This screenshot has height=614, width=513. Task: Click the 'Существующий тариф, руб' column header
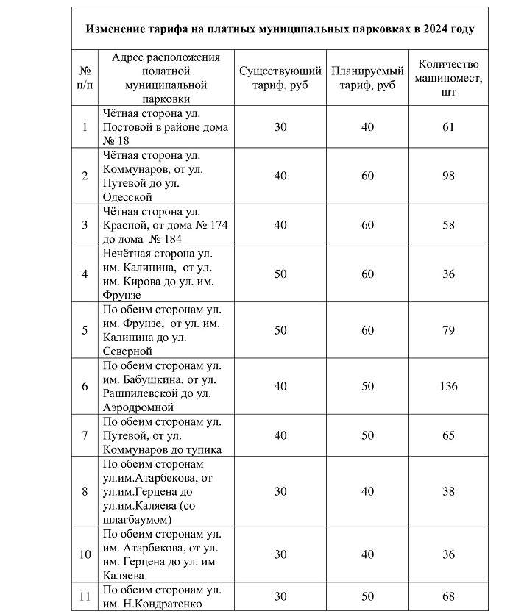[280, 78]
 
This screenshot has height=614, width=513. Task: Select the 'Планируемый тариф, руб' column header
[367, 78]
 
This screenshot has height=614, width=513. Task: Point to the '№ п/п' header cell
[85, 78]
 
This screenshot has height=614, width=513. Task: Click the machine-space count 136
[448, 386]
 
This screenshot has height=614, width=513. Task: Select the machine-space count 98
[448, 176]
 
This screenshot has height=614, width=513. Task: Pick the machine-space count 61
[448, 126]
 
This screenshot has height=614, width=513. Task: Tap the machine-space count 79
[448, 330]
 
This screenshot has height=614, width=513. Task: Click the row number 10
[85, 554]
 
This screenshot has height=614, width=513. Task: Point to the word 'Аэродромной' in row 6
[138, 407]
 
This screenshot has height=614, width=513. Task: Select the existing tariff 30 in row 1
[280, 126]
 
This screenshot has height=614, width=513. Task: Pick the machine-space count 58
[448, 225]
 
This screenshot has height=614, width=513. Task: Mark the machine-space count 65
[448, 435]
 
